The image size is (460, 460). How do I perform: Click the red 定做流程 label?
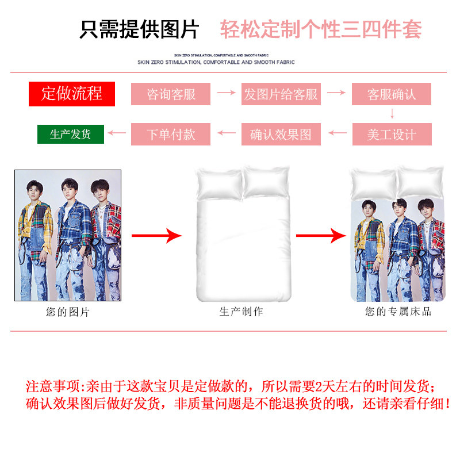tap(72, 94)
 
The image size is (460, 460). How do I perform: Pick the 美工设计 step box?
tap(392, 135)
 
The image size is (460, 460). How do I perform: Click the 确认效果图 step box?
tap(281, 135)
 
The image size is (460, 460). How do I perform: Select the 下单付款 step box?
tap(171, 135)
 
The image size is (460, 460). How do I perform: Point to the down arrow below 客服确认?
tap(392, 113)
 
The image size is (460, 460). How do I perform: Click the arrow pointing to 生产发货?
tap(117, 134)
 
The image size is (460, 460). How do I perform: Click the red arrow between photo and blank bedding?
tap(156, 235)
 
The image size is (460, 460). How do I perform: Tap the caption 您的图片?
tap(68, 312)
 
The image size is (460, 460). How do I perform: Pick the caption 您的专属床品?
tap(398, 312)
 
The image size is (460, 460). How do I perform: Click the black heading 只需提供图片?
tap(140, 29)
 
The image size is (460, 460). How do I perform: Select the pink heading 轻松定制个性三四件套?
tap(321, 29)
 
